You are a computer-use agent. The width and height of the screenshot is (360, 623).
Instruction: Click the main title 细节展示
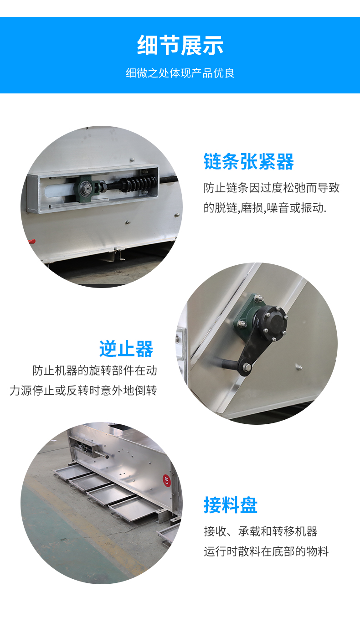(x=180, y=45)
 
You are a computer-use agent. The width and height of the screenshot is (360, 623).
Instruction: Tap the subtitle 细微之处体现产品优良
(x=180, y=73)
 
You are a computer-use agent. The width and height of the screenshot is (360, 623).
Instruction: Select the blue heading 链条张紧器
(x=249, y=161)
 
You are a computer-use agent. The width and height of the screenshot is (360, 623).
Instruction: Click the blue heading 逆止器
(x=126, y=349)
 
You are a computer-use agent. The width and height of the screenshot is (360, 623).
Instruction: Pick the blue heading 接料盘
(x=231, y=505)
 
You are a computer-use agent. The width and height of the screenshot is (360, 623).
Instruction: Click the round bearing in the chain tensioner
(x=86, y=188)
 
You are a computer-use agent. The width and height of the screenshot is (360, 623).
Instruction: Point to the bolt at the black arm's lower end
(x=247, y=367)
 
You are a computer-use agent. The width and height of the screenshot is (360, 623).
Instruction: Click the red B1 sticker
(x=166, y=480)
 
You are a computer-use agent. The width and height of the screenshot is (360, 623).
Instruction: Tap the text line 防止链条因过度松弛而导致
(x=272, y=188)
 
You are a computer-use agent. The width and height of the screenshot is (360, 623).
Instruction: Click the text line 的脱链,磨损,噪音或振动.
(x=265, y=207)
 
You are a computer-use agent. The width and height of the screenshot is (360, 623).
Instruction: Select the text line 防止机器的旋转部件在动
(x=94, y=371)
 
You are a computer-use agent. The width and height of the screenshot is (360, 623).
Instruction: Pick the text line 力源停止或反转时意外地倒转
(x=83, y=391)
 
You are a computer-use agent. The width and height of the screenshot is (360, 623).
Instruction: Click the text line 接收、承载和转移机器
(x=261, y=531)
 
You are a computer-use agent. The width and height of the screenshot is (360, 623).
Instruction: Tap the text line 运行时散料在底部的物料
(x=266, y=551)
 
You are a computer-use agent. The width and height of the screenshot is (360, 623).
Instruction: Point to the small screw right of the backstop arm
(x=299, y=367)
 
